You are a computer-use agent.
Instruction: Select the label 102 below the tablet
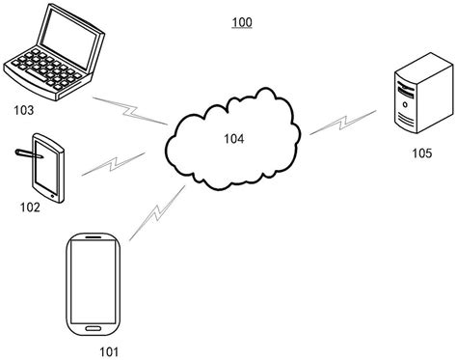click(31, 207)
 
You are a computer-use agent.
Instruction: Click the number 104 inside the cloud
click(233, 139)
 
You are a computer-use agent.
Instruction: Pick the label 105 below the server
click(420, 152)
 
